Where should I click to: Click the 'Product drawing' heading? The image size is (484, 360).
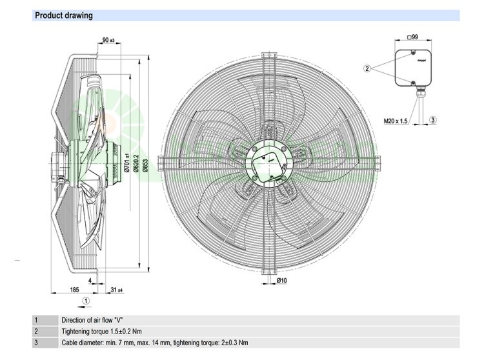point(63,15)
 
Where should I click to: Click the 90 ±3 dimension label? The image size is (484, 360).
point(108,41)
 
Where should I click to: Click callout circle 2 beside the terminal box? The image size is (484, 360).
point(367,68)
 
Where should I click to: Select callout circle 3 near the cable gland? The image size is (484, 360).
point(433,120)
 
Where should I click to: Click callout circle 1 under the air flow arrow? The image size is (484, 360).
point(87,300)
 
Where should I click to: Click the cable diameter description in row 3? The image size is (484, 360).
point(154,343)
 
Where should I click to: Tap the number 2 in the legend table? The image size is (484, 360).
point(36,331)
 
